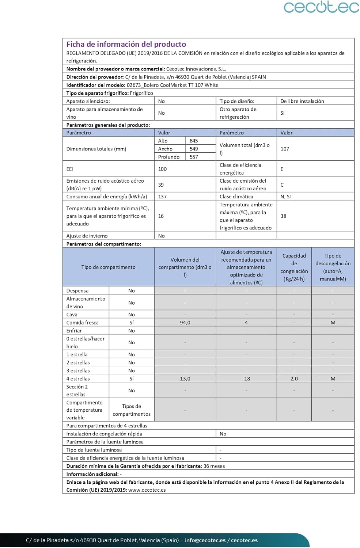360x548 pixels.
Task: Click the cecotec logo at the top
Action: coord(321,7)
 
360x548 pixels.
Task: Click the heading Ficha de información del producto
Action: coord(126,44)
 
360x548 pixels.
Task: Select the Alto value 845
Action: coord(194,141)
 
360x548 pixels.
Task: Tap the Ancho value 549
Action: coord(194,149)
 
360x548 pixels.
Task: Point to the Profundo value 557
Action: coord(194,157)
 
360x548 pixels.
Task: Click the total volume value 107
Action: coord(285,149)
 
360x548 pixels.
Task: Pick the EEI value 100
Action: coord(162,169)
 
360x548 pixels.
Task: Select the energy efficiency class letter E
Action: coord(282,169)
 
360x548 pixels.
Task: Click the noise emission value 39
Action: coord(161,184)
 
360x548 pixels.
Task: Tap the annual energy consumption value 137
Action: coord(162,197)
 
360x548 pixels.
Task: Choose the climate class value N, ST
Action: coord(286,197)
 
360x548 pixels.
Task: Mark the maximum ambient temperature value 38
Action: coord(283,216)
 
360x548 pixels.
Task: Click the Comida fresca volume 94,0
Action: coord(185,323)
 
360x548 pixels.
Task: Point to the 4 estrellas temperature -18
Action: coord(246,378)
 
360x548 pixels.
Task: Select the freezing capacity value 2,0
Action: coord(294,378)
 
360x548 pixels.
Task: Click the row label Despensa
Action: coord(77,291)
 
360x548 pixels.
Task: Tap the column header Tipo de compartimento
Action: coord(108,267)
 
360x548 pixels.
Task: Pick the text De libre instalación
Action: coord(302,101)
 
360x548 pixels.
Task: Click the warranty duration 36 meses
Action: coord(214,466)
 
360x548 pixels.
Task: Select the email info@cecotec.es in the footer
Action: coord(205,540)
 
